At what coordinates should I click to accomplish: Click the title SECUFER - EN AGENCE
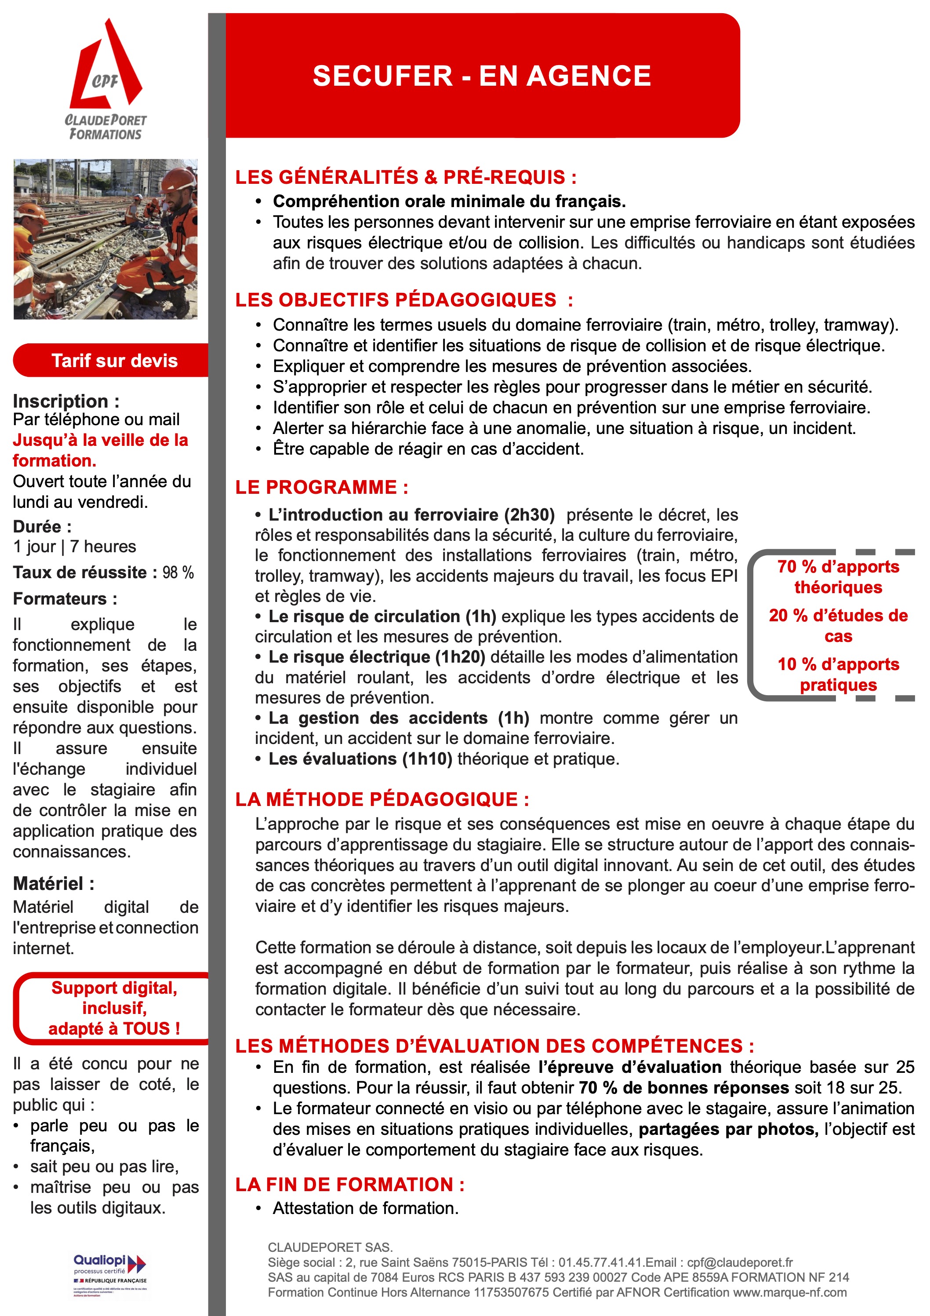(482, 76)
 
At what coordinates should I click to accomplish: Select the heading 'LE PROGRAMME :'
(321, 487)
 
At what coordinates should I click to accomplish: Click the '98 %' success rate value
(178, 572)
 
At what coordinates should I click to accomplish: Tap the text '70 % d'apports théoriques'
(838, 576)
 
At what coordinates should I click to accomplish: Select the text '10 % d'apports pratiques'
(838, 674)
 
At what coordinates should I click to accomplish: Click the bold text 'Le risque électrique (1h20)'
(377, 657)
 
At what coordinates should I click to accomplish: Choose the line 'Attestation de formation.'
(366, 1208)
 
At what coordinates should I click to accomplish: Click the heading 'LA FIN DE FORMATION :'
(349, 1184)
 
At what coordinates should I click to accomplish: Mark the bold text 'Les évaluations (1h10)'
(360, 759)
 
